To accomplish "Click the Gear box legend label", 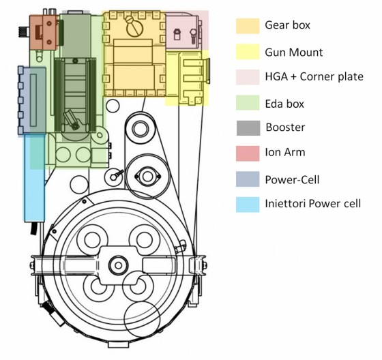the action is pos(287,25).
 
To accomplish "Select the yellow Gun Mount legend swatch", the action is pos(248,51).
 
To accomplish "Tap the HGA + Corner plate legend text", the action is pos(314,77).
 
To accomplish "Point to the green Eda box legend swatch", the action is pos(248,102).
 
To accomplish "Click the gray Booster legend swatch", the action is pos(248,128).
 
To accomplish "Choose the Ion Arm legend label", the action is pos(285,153).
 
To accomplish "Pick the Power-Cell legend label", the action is pos(292,180).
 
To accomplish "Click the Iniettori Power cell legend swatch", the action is pos(248,205).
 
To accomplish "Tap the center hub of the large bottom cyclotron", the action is pos(119,265).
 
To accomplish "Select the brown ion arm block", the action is pos(44,32).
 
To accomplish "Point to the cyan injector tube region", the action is pos(34,177).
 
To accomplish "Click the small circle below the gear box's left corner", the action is pos(113,106).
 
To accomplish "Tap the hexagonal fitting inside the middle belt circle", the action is pos(147,177).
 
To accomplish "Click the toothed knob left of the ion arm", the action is pos(24,31).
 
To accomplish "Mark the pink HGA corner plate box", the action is pos(187,30).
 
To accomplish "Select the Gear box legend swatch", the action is pos(248,26).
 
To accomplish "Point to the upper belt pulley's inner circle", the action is pos(141,129).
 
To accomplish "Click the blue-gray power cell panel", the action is pos(32,100).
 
